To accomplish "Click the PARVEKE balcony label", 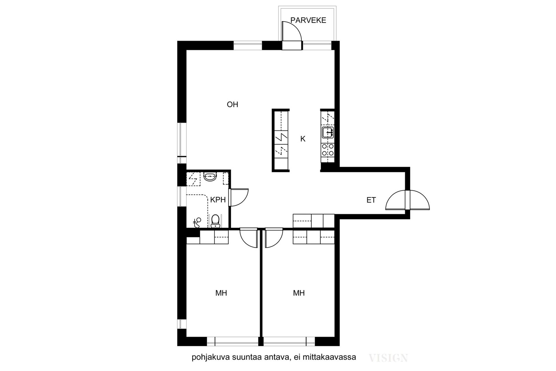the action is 308,20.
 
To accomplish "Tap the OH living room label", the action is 232,105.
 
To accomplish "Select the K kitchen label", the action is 303,139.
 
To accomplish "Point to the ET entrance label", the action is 371,200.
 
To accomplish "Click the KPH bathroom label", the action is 218,200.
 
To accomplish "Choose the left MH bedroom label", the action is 221,293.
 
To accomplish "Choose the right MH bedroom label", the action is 299,293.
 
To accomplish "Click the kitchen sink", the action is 328,132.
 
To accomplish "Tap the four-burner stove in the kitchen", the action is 328,150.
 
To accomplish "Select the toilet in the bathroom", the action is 215,221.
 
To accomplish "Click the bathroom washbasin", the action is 210,177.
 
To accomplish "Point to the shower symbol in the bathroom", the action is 197,223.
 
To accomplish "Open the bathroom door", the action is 238,197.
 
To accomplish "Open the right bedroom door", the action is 274,238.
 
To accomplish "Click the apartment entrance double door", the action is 408,200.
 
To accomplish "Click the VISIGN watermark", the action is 388,358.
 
